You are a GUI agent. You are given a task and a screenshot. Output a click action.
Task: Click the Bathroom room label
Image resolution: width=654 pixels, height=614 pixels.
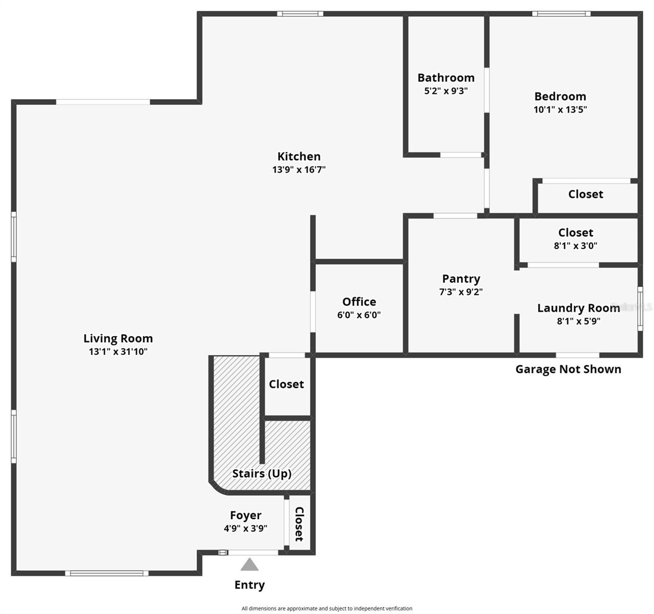point(446,78)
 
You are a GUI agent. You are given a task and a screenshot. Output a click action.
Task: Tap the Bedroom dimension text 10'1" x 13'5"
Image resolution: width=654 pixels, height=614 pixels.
point(560,109)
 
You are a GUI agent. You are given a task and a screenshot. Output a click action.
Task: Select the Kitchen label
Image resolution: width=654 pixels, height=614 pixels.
point(299,157)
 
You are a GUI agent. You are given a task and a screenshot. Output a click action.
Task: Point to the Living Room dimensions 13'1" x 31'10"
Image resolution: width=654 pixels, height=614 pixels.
point(118,352)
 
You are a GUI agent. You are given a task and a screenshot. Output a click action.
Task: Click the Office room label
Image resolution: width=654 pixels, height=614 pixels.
point(359,302)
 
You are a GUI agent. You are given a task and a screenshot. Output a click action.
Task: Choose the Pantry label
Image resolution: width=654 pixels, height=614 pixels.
point(461,279)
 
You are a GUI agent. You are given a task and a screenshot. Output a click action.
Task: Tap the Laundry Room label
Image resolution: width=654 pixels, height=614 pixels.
point(578,308)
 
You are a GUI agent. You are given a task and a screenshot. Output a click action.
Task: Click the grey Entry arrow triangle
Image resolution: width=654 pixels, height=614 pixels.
point(250,564)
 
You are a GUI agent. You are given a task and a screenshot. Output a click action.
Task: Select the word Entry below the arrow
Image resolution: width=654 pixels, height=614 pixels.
point(250,585)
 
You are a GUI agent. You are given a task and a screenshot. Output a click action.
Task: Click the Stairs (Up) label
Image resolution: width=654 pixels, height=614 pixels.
point(262,473)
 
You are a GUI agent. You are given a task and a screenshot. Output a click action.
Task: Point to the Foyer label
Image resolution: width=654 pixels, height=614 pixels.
point(245,515)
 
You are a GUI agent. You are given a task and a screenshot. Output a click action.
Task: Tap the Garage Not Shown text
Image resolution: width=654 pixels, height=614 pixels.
point(568,369)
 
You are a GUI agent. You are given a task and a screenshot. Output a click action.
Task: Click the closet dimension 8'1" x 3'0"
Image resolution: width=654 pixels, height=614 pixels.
point(576,246)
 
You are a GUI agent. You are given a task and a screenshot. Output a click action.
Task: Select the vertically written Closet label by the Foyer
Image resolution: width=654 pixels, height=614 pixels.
point(299,524)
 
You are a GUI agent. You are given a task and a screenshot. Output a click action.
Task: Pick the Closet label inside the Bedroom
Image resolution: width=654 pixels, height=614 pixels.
point(585,194)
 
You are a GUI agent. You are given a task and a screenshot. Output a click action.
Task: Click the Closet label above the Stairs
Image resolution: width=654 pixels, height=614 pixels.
point(286,384)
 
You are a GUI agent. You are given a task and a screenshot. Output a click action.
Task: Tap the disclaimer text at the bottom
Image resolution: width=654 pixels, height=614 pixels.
point(327,608)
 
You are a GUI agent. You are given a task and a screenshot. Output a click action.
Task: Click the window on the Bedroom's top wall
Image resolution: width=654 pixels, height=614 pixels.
point(561,14)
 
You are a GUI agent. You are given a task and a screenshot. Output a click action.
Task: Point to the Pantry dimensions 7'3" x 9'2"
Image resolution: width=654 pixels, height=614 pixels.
point(461,292)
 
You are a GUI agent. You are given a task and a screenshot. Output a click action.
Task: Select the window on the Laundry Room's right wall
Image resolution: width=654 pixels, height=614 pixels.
point(640,308)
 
